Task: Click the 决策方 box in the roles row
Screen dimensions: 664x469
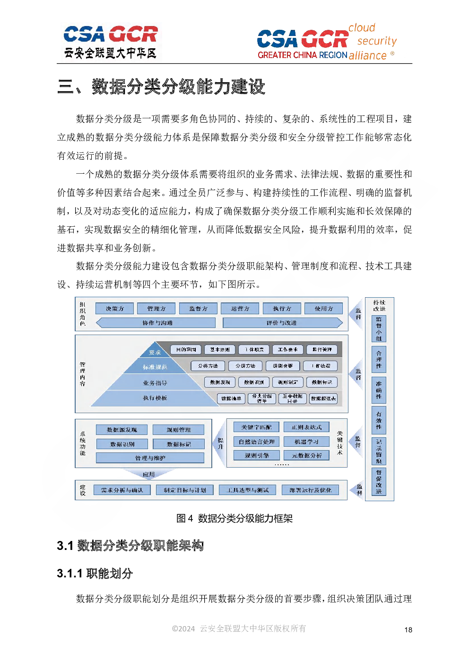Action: pos(115,309)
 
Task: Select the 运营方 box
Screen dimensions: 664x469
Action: pos(240,309)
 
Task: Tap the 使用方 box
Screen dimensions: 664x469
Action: pos(324,309)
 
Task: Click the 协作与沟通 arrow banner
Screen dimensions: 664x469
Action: pos(157,323)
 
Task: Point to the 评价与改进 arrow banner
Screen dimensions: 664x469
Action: pos(282,323)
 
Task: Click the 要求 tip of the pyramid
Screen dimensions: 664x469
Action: pos(155,352)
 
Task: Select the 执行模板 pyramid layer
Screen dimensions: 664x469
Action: pos(155,398)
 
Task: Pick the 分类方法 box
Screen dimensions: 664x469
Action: pos(208,366)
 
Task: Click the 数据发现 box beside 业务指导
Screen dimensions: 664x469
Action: pos(220,382)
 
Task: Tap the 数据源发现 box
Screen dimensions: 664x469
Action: pos(122,430)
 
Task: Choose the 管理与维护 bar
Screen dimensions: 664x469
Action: pos(150,458)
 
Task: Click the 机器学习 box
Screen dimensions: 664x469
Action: pos(306,442)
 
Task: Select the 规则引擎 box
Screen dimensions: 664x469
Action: pos(257,455)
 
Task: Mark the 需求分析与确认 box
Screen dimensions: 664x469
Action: pos(122,490)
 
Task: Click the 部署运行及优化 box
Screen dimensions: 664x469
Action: pos(311,490)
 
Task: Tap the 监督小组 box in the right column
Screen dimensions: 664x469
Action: pos(379,329)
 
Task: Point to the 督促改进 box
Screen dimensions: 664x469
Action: pos(379,482)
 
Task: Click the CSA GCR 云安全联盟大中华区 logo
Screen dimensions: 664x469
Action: pos(111,42)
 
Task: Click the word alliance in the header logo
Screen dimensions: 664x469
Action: pos(368,55)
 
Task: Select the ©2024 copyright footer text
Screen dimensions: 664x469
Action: pos(239,629)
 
